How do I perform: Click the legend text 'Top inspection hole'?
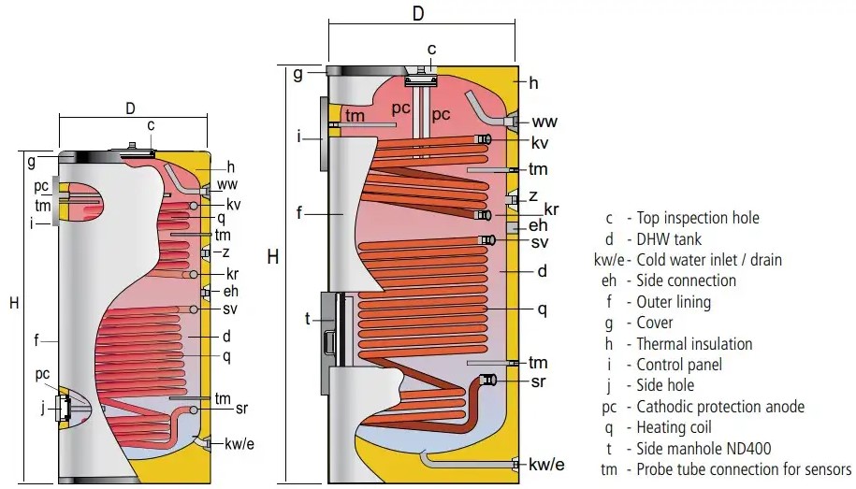point(698,218)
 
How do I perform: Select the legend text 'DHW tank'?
point(668,239)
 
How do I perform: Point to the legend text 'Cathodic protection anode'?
point(720,407)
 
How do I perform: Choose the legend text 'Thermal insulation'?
point(694,344)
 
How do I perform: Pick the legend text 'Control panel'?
point(679,365)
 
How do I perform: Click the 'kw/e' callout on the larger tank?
point(546,465)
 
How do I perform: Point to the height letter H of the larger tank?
point(273,256)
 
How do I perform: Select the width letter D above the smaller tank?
point(130,108)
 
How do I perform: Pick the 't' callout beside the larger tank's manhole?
point(307,319)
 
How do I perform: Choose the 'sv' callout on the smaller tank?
point(232,309)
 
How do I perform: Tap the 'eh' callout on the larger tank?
point(538,225)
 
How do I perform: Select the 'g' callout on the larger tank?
point(297,74)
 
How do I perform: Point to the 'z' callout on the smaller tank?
point(225,252)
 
